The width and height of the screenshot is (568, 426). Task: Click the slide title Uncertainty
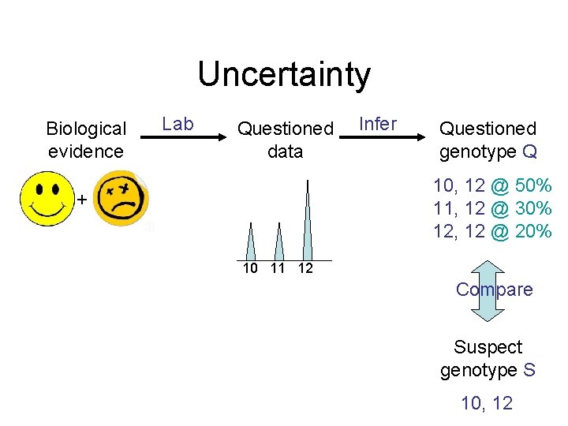(x=283, y=74)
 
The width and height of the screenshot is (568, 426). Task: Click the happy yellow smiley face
(x=47, y=200)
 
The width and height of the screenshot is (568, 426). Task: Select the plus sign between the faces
(x=80, y=200)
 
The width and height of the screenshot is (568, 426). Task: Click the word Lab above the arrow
(x=177, y=124)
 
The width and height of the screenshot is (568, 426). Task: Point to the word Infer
(x=378, y=124)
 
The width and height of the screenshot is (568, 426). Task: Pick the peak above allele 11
(x=278, y=243)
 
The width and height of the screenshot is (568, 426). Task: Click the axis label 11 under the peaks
(x=277, y=268)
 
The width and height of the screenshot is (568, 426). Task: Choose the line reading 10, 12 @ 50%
(x=492, y=187)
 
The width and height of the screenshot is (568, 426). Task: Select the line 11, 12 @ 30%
(x=492, y=209)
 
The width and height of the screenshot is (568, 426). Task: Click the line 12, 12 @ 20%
(x=492, y=231)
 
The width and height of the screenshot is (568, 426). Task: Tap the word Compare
(x=494, y=290)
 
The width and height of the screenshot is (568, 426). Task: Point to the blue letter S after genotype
(x=529, y=369)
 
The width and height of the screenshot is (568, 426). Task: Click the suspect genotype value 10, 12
(x=487, y=403)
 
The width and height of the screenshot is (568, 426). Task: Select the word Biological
(x=86, y=129)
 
